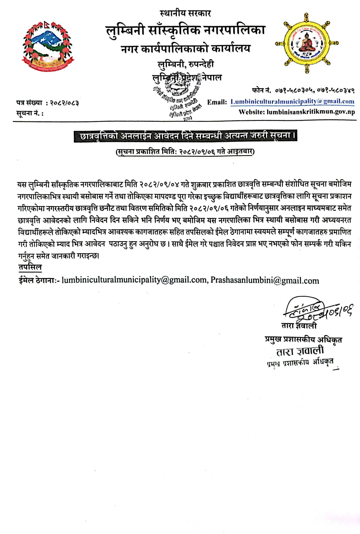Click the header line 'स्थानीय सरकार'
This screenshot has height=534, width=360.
coord(185,14)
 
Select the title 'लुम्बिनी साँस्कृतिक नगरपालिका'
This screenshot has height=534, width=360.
coord(185,30)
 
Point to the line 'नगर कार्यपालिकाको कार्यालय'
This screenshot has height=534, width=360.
coord(185,48)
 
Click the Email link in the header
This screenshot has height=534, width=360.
coord(292,102)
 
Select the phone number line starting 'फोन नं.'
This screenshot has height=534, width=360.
coord(302,90)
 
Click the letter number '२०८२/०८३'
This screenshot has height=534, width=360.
coord(64,103)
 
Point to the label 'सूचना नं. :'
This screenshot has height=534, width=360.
coord(30,114)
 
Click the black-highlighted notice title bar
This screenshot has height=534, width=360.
coord(185,136)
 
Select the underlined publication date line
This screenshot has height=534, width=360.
coord(185,151)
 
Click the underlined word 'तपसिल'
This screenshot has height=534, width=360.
coord(30,267)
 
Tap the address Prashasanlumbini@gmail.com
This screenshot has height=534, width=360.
coord(264,280)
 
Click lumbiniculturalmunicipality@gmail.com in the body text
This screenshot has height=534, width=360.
coord(134,280)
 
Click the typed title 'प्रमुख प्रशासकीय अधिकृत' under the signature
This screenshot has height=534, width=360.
coord(303,339)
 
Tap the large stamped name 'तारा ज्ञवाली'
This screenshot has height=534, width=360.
coord(300,351)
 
